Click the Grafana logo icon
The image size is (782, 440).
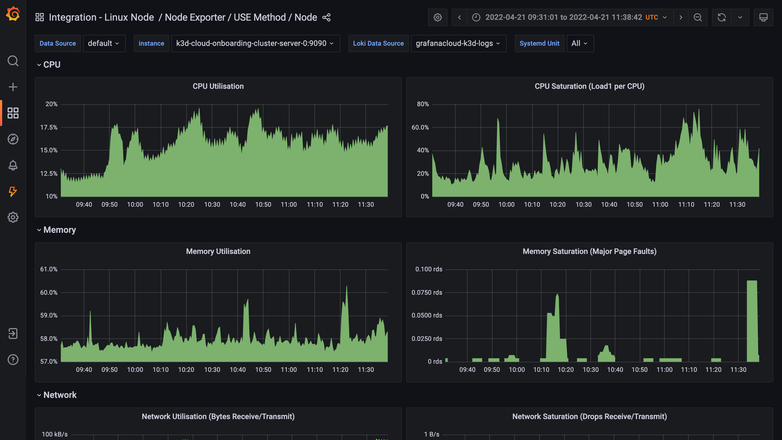click(13, 14)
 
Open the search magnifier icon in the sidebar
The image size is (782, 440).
click(13, 61)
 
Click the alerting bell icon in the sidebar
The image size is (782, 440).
click(13, 165)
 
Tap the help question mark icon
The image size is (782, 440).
click(13, 360)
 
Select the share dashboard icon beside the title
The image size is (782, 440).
click(326, 17)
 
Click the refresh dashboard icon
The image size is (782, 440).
click(721, 17)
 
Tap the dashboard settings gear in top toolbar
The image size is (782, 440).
click(437, 17)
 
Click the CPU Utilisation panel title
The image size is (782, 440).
click(218, 86)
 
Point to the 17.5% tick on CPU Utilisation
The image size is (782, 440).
click(49, 127)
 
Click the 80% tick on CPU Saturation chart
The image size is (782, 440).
click(422, 104)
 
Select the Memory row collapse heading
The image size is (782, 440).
click(59, 230)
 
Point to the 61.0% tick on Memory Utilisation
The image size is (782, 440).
click(49, 269)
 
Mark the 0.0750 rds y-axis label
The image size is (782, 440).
click(427, 293)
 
